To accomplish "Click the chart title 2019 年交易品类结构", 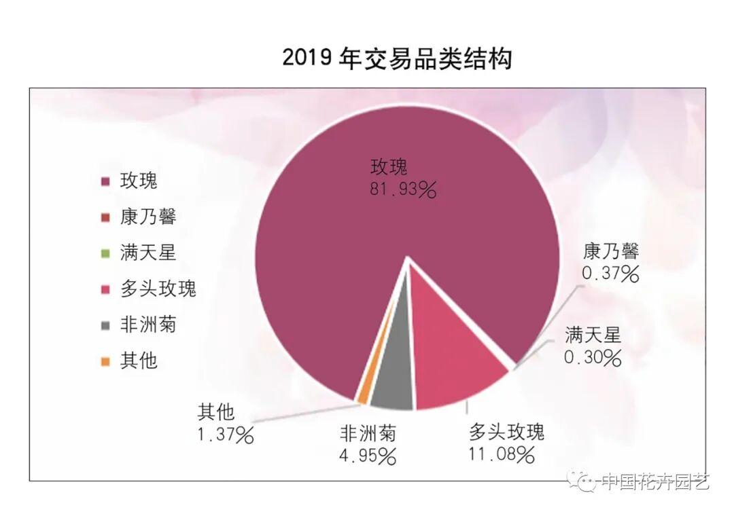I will (x=397, y=59).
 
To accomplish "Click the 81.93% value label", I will (x=402, y=189).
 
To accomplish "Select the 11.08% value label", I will (x=501, y=454).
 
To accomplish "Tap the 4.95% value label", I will (x=368, y=456).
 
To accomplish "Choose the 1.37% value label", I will (x=226, y=434).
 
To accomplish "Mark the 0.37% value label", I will (x=610, y=274).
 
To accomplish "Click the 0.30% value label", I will (x=593, y=356).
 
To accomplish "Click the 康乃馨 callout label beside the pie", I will (x=611, y=252).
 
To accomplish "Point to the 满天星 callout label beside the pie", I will (x=593, y=335).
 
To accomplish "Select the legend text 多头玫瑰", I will (x=158, y=289).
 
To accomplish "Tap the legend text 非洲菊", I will (x=148, y=325).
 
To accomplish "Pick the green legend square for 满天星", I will (x=105, y=253).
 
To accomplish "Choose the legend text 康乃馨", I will (x=148, y=217).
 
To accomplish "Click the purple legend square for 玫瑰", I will (x=105, y=181).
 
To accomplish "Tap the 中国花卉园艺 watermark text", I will (x=655, y=482).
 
